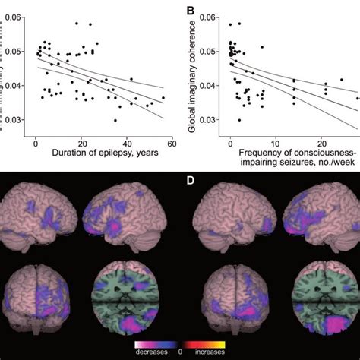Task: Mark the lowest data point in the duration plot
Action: pos(115,120)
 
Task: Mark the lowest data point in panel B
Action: pos(239,120)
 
